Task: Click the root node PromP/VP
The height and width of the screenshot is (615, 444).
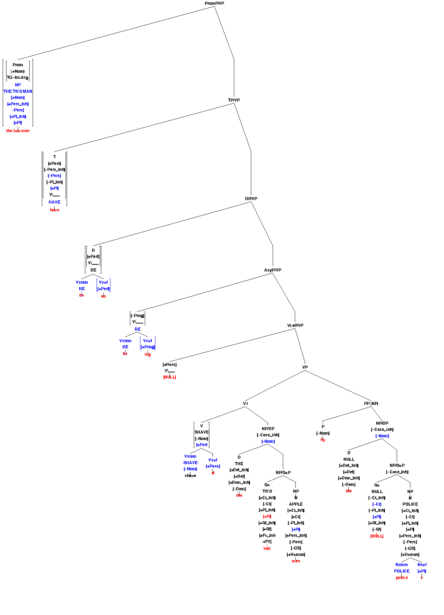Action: (x=214, y=3)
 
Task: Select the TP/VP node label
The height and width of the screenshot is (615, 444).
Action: (x=234, y=100)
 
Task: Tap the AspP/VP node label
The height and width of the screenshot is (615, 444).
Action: (x=273, y=270)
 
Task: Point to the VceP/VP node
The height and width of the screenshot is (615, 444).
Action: (x=295, y=326)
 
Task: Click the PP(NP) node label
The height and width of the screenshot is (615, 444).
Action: (x=371, y=404)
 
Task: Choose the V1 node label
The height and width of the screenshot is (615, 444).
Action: (x=245, y=404)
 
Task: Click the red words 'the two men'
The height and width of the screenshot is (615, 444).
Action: (x=18, y=131)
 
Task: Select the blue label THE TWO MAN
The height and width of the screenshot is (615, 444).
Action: (x=18, y=91)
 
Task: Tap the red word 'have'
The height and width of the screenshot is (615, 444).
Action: (x=54, y=210)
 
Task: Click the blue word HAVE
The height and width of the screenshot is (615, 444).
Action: (x=54, y=202)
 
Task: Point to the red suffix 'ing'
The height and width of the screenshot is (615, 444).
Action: (x=148, y=354)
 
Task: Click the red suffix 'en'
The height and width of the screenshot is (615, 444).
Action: (x=103, y=296)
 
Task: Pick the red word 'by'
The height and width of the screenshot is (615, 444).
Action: (x=323, y=440)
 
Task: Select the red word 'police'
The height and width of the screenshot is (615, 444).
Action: (x=402, y=578)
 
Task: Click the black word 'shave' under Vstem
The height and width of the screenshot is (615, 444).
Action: (x=190, y=476)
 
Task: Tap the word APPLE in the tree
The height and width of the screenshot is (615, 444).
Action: (x=296, y=504)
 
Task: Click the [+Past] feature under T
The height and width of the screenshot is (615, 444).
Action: (x=54, y=163)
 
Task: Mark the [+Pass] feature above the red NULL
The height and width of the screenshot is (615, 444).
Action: (x=170, y=365)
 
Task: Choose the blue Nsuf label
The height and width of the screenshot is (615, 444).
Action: (x=422, y=565)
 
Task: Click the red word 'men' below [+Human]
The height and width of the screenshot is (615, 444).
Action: (x=296, y=561)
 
